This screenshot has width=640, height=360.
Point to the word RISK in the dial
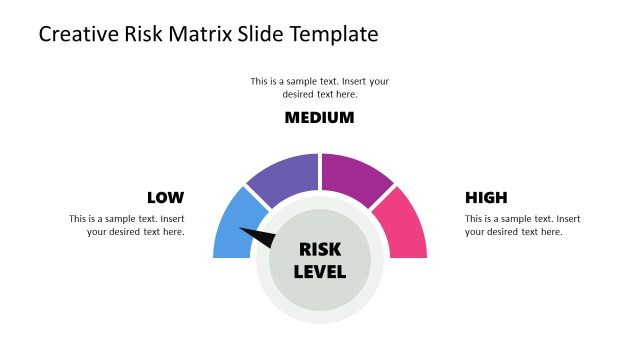[x=320, y=250]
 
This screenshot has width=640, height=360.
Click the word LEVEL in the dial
[x=320, y=271]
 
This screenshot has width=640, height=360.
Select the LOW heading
[x=165, y=198]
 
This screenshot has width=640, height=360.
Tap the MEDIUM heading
[x=320, y=118]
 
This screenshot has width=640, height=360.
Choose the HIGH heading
[x=486, y=198]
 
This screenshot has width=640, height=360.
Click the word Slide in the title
[x=262, y=35]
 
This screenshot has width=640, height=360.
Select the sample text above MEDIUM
[x=320, y=87]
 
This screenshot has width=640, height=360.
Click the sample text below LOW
[x=127, y=225]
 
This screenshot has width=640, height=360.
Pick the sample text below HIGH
[x=522, y=225]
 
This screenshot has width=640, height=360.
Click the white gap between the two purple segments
[x=320, y=172]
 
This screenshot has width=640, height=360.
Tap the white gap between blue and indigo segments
[x=258, y=198]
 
